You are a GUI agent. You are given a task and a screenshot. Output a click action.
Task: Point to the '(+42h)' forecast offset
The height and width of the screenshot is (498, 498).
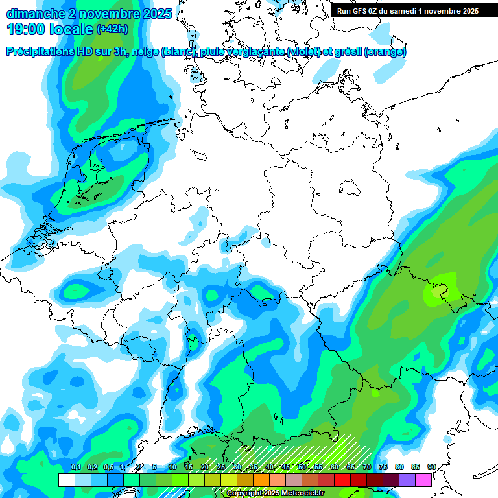[x=112, y=29]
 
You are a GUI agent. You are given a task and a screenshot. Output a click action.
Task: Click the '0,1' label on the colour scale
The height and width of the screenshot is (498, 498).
[x=75, y=467]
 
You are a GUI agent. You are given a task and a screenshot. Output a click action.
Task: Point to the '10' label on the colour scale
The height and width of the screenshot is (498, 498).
[x=172, y=467]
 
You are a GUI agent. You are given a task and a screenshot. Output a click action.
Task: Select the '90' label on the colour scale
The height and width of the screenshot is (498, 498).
[x=432, y=467]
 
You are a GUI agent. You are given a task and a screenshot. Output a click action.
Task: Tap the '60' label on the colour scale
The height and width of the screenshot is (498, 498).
[x=335, y=467]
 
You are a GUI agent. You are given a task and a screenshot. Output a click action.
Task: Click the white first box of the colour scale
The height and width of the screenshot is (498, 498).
[x=66, y=480]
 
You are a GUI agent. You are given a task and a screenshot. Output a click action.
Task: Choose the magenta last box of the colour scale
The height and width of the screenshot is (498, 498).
[x=423, y=480]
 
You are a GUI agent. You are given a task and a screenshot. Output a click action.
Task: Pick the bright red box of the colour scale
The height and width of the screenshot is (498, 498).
[x=342, y=480]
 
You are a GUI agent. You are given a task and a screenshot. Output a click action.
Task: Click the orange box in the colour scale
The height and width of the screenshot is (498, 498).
[x=261, y=480]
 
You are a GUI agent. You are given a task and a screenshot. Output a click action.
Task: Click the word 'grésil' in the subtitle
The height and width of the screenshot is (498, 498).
[x=347, y=52]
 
